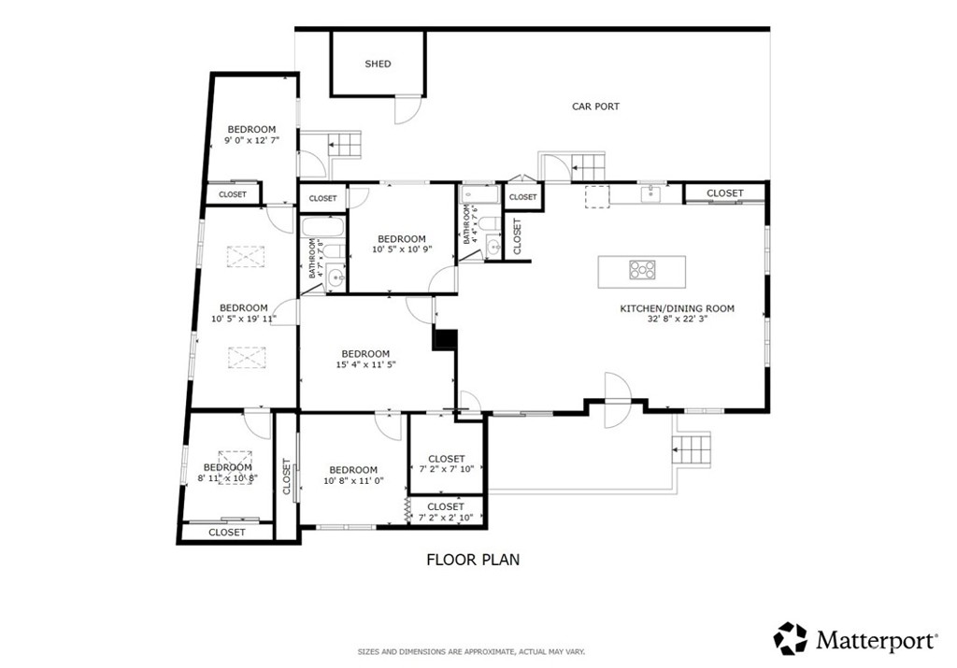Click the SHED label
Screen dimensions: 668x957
pos(378,64)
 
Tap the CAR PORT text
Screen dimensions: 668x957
pos(595,107)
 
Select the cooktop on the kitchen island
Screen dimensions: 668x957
pos(642,271)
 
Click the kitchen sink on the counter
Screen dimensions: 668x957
pos(650,194)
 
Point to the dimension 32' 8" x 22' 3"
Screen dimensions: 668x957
pos(678,320)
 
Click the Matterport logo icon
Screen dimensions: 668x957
pos(790,639)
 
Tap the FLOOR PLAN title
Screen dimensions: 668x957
pos(473,561)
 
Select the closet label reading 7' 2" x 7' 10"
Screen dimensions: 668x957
pos(447,470)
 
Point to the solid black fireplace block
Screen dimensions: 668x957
pos(445,339)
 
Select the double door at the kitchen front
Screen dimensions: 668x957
pos(618,400)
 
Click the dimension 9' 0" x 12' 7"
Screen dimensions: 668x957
pos(251,141)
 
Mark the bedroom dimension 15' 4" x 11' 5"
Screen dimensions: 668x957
pos(364,365)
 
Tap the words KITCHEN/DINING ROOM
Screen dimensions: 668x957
pos(678,308)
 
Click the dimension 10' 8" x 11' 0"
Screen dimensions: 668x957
pos(352,481)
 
